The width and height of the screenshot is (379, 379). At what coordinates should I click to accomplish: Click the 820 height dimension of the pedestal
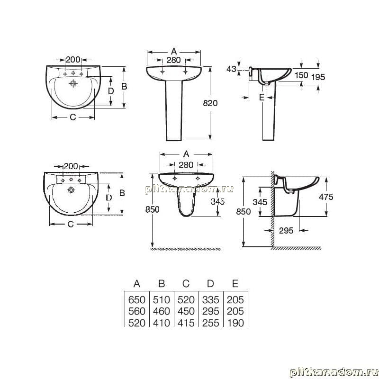tap(210, 103)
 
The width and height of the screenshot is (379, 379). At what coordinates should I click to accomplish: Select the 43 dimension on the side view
tap(231, 69)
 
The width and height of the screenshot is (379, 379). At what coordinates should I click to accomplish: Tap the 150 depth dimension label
tap(301, 75)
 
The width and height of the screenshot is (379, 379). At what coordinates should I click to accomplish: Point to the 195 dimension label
tap(318, 77)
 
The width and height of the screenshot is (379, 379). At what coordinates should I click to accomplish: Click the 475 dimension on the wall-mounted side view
tap(326, 197)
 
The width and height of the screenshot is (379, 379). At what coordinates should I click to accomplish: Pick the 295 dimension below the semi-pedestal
tap(286, 231)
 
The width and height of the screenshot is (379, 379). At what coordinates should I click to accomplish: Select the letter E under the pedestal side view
tap(262, 97)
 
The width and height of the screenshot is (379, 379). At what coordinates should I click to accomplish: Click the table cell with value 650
tap(137, 300)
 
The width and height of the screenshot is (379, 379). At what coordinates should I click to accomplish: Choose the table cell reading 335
tap(210, 300)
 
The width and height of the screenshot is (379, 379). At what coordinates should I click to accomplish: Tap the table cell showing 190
tap(235, 323)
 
